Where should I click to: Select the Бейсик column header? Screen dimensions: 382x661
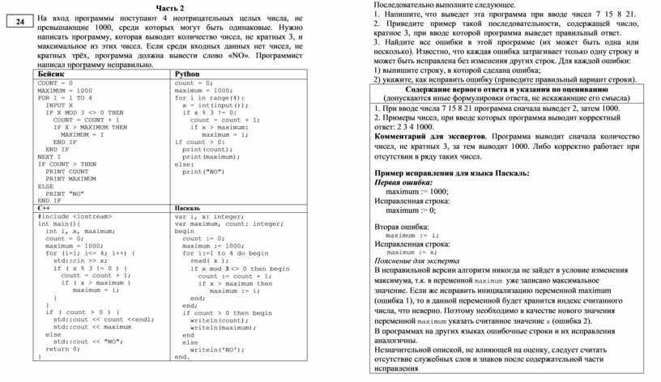click(51, 74)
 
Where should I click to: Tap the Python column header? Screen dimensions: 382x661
click(188, 74)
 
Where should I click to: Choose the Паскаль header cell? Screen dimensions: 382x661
click(189, 209)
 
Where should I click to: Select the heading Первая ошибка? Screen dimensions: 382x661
click(402, 183)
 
